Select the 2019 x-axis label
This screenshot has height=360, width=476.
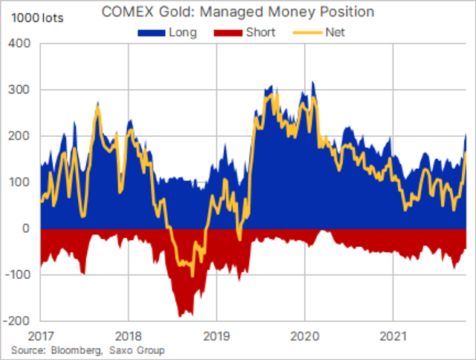(216, 334)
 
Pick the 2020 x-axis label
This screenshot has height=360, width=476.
(305, 334)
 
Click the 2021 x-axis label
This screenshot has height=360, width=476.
(393, 334)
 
